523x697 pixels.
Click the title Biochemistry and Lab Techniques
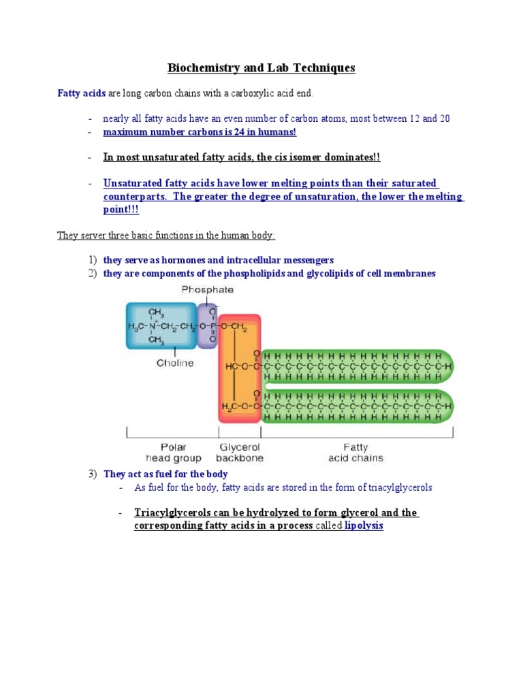click(261, 68)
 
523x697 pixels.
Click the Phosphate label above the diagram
click(208, 289)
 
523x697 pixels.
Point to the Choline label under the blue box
click(175, 363)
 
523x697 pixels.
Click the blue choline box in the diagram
click(161, 326)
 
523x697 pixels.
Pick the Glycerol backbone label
click(239, 453)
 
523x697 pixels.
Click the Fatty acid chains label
click(355, 453)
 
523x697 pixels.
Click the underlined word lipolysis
click(364, 526)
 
